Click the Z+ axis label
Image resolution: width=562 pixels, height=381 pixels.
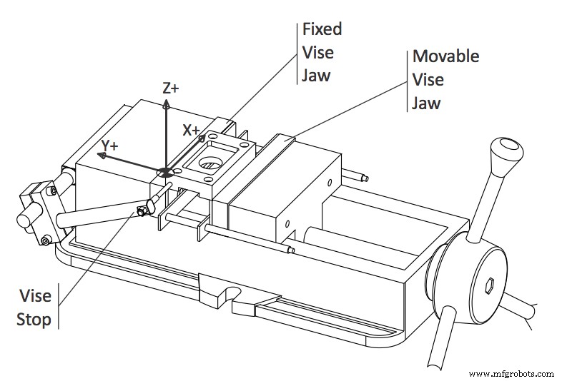coord(170,88)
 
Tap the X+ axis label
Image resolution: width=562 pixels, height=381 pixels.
coord(192,130)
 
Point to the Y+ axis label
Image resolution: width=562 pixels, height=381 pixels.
coord(110,145)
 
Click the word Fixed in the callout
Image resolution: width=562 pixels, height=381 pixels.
coord(322,29)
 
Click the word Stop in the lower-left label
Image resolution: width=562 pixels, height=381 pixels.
coord(34,319)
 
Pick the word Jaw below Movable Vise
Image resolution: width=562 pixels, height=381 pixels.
coord(425,103)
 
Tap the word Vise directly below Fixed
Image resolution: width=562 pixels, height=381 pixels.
coord(317,52)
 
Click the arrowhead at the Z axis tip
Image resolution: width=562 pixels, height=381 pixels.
coord(166,103)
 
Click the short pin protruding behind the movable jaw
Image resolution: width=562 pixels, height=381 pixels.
coord(355,175)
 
